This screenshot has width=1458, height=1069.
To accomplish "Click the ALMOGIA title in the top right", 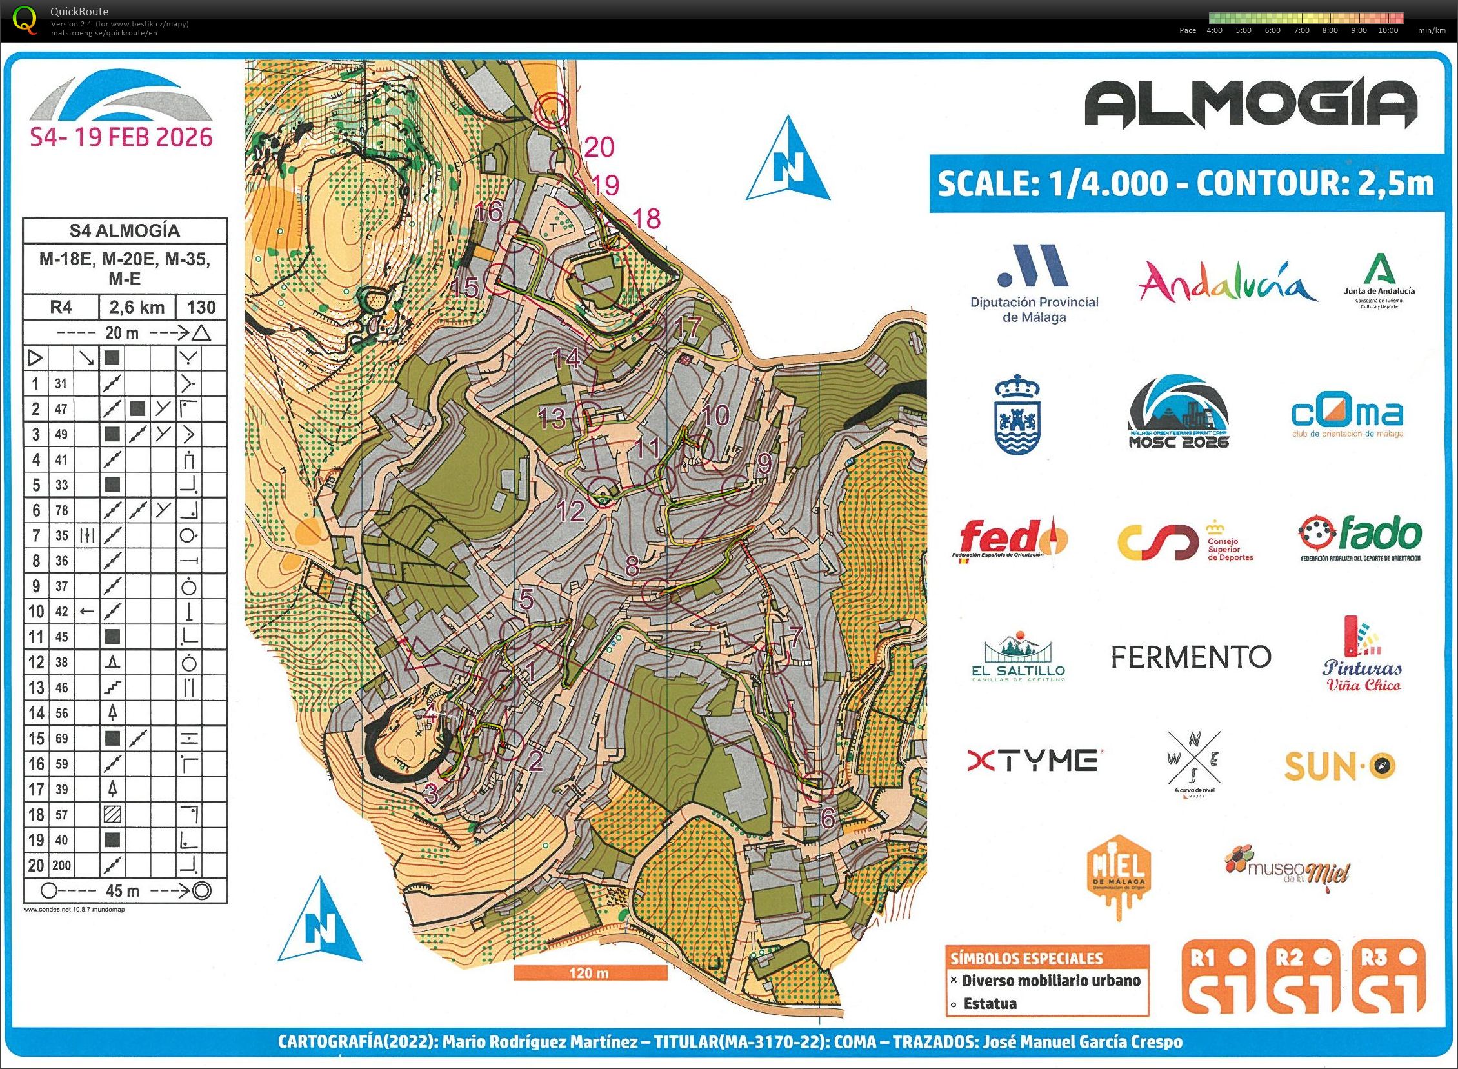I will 1250,106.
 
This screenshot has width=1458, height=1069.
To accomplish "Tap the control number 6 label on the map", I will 828,819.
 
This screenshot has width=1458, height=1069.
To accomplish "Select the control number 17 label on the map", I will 686,327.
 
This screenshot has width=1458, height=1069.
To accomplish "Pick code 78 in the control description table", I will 61,510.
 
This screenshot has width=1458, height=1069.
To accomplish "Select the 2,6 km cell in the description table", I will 137,307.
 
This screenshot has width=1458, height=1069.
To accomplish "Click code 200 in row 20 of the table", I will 61,865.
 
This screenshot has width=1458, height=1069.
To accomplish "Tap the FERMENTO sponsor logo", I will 1190,657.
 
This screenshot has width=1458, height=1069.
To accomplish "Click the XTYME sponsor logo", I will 1032,761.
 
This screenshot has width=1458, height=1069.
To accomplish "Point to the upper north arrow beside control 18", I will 788,161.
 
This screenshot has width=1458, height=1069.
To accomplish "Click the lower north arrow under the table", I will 321,921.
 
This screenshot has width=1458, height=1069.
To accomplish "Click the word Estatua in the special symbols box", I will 990,1004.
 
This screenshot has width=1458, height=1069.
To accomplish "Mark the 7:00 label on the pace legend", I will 1301,30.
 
